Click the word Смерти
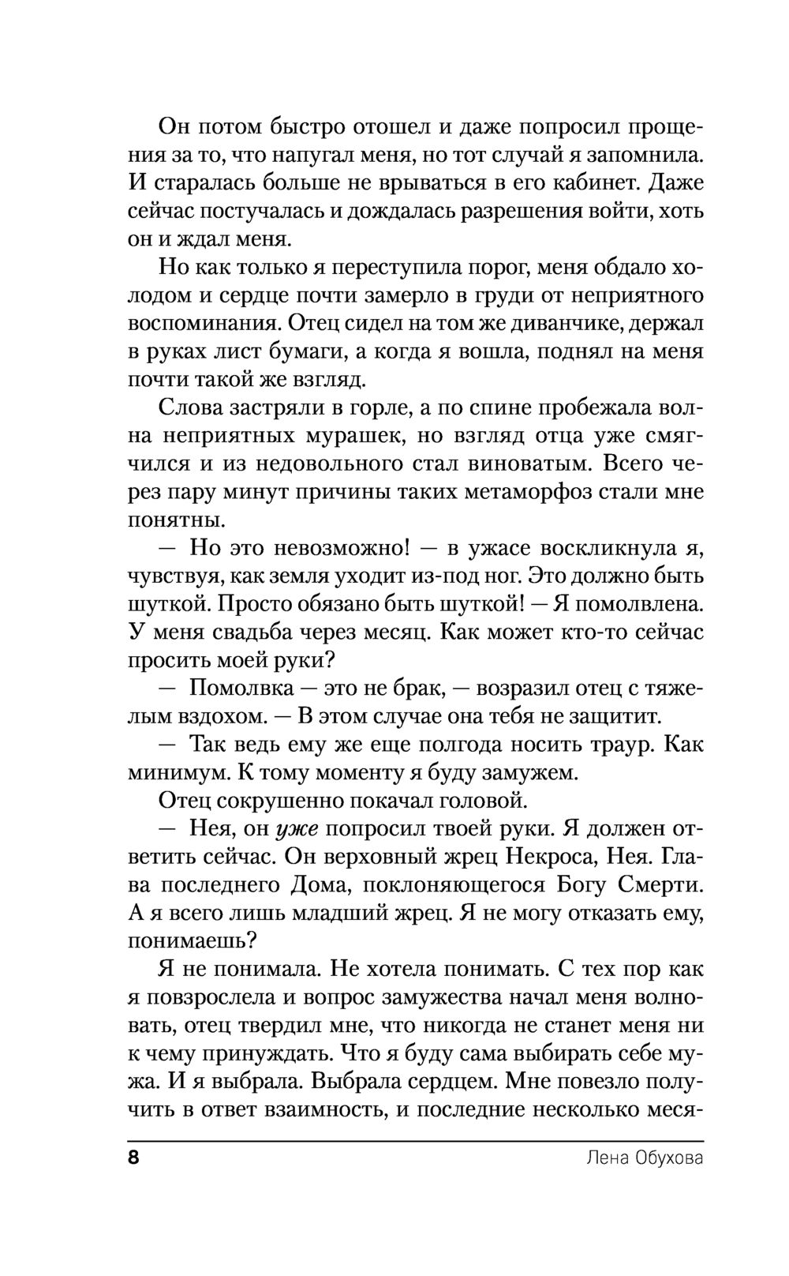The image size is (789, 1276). [658, 884]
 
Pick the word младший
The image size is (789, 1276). [347, 913]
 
